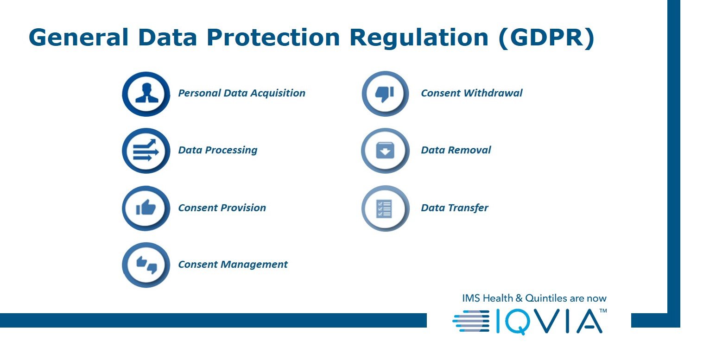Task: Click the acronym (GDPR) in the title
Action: [546, 38]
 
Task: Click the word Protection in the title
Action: [273, 38]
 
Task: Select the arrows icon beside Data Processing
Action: [146, 151]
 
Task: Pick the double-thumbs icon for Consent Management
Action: [146, 265]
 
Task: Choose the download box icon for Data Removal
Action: [386, 151]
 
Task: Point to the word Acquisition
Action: [278, 93]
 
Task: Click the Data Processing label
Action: [218, 150]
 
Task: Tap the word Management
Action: [254, 265]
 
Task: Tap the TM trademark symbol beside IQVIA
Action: [603, 310]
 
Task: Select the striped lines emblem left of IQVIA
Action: [471, 321]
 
